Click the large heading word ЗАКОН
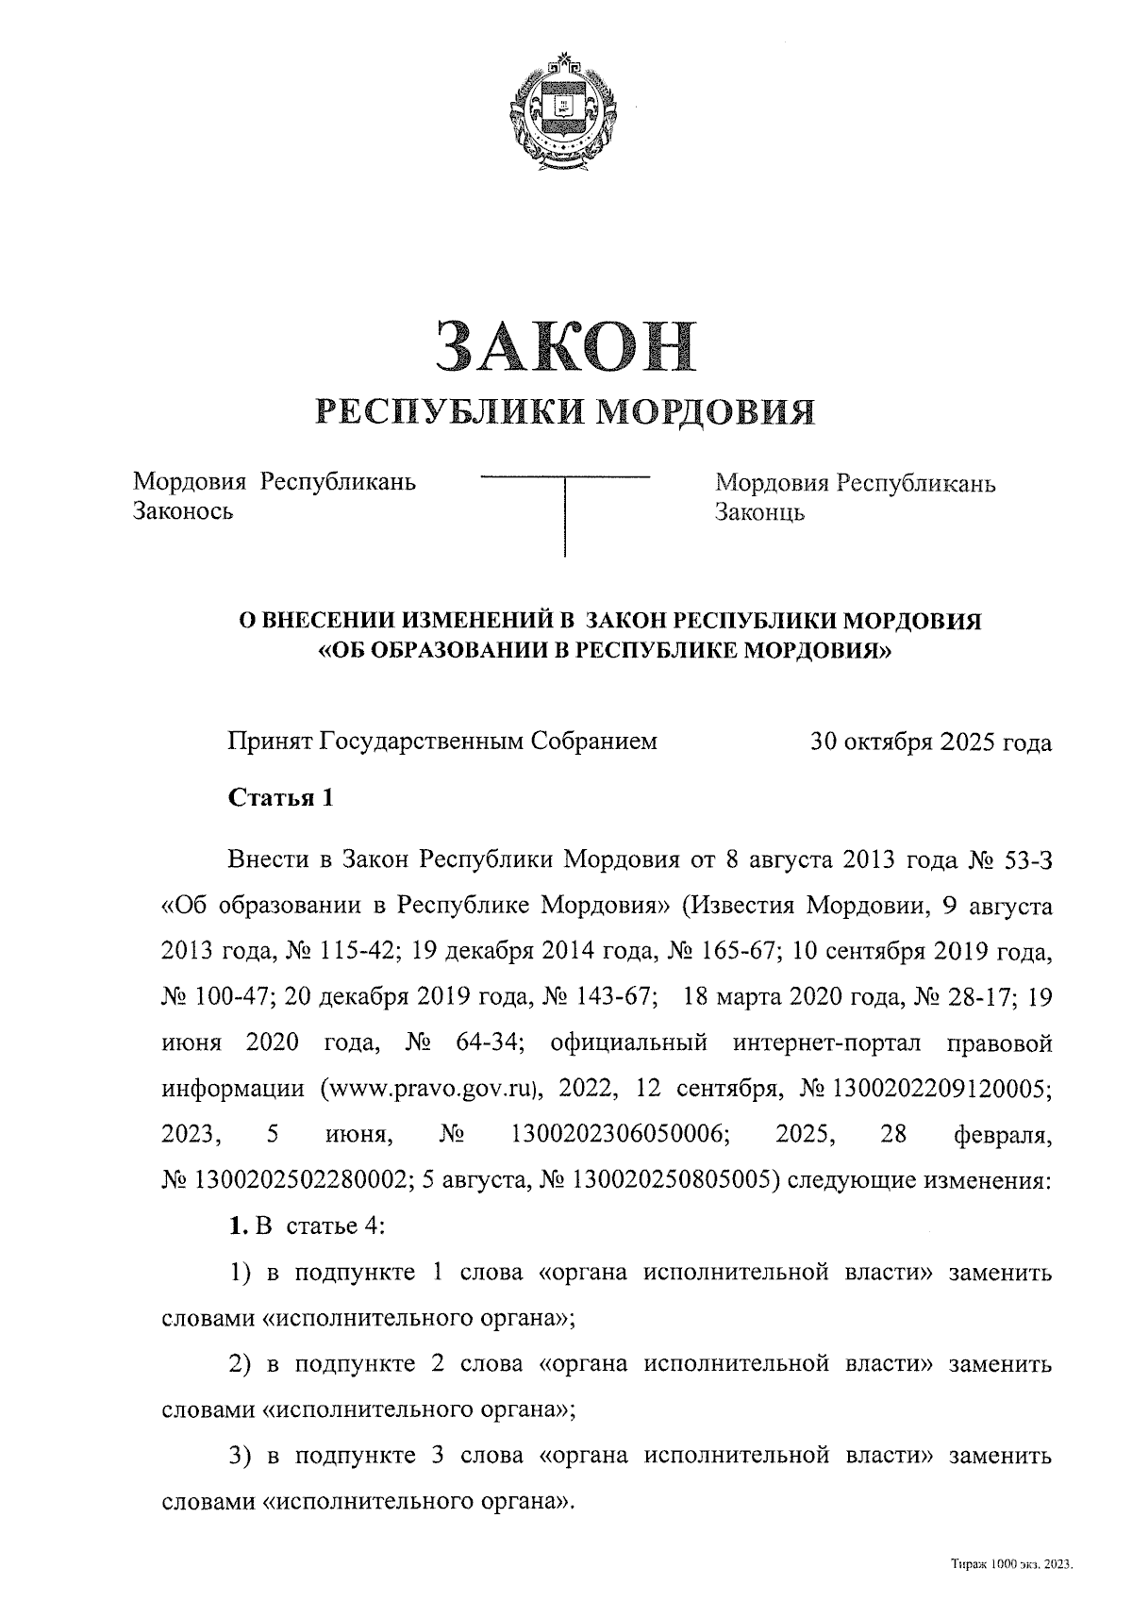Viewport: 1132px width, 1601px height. pyautogui.click(x=565, y=345)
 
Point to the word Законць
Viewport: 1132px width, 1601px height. pyautogui.click(x=759, y=513)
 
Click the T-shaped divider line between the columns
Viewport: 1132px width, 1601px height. pyautogui.click(x=565, y=509)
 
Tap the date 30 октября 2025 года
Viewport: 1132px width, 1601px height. pyautogui.click(x=930, y=742)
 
